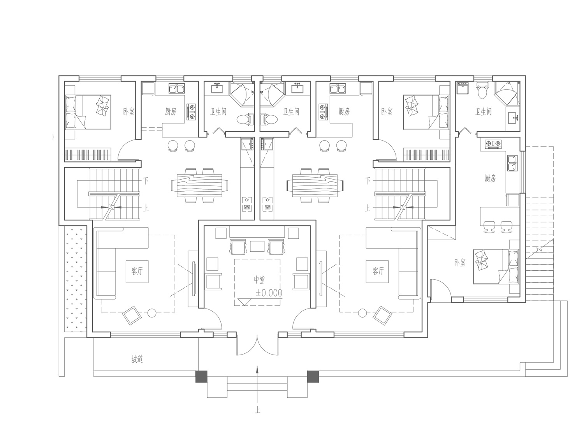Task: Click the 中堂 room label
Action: (259, 280)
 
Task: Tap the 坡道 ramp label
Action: (137, 359)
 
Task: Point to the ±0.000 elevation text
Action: (269, 293)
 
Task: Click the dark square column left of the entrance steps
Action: (201, 377)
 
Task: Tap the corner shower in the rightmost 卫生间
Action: (507, 94)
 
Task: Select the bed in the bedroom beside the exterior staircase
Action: (496, 266)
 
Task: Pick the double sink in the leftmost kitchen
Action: (177, 89)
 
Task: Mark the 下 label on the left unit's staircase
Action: (146, 180)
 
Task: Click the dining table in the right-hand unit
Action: (315, 185)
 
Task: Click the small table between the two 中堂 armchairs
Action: (257, 246)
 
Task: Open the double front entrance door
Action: (257, 345)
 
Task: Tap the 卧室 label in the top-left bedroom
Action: (129, 111)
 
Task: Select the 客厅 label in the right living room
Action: (378, 271)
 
